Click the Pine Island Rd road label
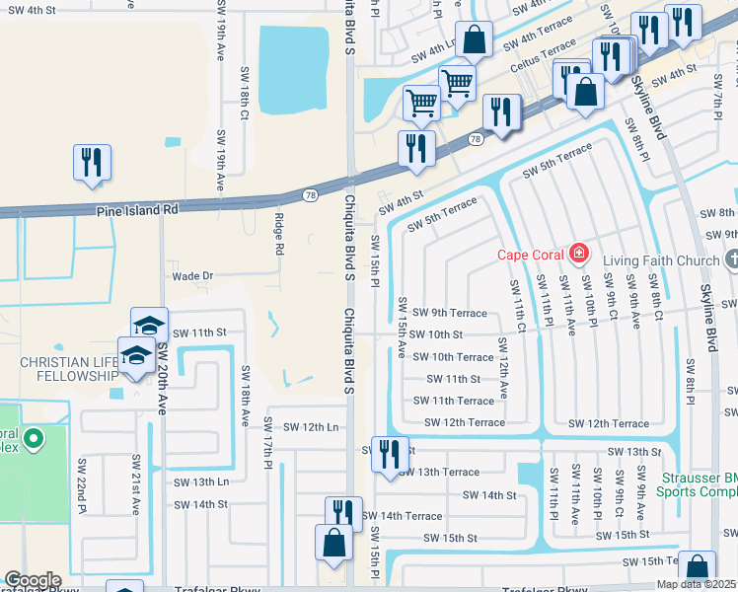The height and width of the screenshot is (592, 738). (x=136, y=210)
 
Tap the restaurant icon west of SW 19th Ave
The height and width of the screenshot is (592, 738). (x=93, y=163)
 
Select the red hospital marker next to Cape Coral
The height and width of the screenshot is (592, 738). (x=577, y=255)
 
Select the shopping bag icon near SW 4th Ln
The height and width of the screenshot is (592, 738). (x=475, y=40)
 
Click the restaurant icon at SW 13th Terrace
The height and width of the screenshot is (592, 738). (x=390, y=455)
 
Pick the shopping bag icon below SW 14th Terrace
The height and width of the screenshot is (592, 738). (x=333, y=544)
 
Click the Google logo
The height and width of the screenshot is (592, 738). (x=33, y=580)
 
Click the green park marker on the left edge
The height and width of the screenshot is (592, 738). (x=33, y=438)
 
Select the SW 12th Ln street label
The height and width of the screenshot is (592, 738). (x=311, y=426)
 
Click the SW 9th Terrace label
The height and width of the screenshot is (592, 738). (x=450, y=313)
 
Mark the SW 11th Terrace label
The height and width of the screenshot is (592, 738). (x=454, y=401)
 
